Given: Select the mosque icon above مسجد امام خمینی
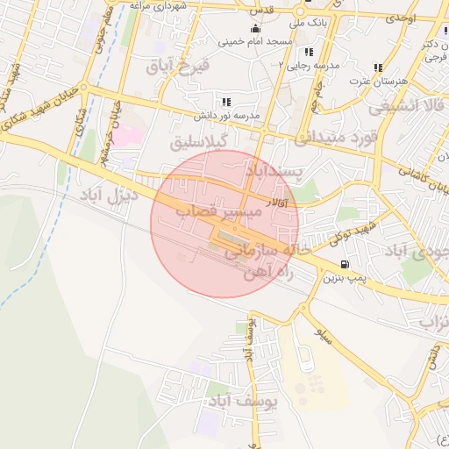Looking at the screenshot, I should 255,30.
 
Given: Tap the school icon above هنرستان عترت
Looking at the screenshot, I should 379,67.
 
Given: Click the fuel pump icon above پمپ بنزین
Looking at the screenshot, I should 343,265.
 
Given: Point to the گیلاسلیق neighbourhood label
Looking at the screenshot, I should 198,140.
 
